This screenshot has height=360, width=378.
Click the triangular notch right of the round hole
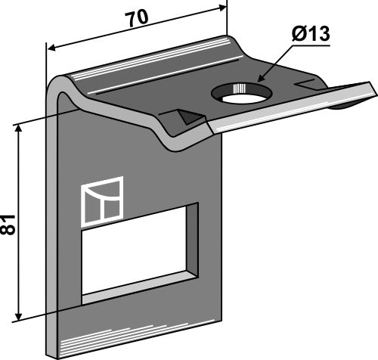point(305,82)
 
